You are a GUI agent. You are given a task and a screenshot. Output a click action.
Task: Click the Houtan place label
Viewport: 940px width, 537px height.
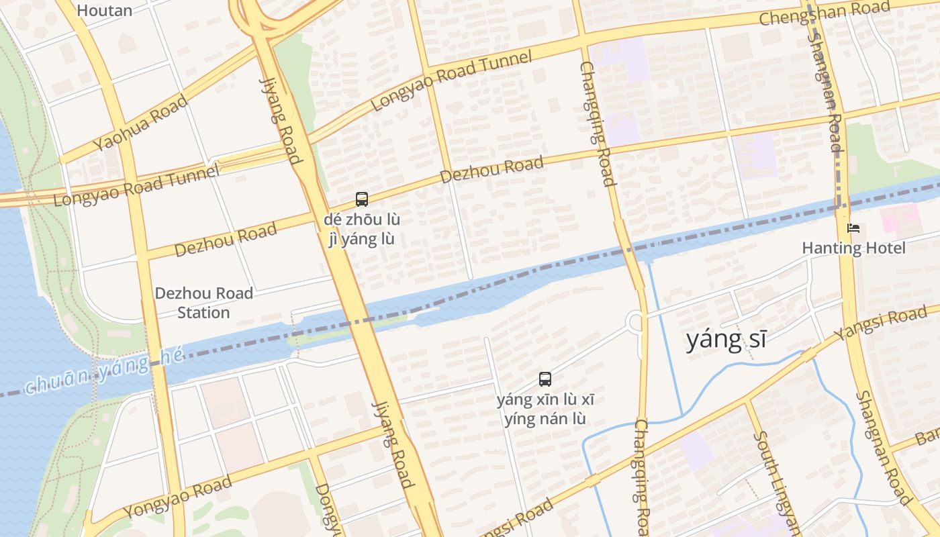(x=104, y=10)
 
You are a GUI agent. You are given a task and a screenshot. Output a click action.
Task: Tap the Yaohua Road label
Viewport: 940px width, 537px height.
(x=140, y=123)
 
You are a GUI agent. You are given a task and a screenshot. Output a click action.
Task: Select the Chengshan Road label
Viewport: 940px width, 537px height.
(x=825, y=12)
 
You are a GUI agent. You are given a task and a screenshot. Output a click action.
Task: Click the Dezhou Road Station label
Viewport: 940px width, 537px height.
(x=204, y=303)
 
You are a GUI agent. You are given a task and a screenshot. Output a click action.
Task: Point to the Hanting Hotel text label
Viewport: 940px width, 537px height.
(x=853, y=248)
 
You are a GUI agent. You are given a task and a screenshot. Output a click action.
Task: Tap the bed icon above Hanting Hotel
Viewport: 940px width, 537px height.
(x=853, y=229)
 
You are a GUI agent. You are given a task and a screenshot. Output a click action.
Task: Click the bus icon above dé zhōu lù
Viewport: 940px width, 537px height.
(x=362, y=199)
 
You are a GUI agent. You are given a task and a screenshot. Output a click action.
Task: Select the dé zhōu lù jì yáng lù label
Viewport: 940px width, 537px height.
(x=362, y=230)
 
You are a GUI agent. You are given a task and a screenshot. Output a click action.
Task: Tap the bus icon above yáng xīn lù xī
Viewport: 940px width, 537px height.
(x=545, y=379)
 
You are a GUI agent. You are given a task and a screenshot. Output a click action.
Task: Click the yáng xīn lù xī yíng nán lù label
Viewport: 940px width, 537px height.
(x=545, y=409)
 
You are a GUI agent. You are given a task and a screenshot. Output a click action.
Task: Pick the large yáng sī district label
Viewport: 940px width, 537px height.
(x=726, y=340)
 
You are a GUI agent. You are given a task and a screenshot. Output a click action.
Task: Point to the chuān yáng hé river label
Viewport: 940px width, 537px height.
(x=104, y=373)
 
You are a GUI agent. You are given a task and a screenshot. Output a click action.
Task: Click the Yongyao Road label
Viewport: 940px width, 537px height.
(x=178, y=497)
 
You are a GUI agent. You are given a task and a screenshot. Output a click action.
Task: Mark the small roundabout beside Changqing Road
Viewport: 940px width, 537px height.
(x=634, y=322)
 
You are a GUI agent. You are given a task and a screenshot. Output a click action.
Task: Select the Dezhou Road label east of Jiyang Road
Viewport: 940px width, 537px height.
(x=491, y=170)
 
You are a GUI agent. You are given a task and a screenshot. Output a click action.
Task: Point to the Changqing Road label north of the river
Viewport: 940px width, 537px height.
(x=597, y=123)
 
